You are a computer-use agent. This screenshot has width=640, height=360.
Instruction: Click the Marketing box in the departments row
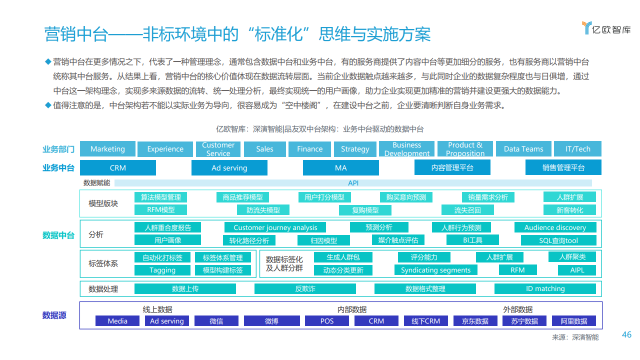pos(107,149)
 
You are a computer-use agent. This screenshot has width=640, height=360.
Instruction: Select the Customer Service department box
pos(218,149)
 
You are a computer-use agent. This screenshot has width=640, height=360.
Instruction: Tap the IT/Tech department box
pos(577,149)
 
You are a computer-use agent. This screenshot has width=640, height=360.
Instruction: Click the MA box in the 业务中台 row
pos(341,167)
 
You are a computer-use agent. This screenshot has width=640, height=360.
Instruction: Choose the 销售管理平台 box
pos(563,167)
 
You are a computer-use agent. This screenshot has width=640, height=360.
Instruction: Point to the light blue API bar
pos(353,183)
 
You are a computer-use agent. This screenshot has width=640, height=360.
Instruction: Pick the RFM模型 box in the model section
pos(160,209)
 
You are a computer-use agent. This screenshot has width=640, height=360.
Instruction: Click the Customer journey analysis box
pos(275,227)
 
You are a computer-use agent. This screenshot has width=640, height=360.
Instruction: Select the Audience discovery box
pos(555,227)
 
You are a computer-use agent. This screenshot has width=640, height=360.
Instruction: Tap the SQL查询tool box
pos(558,240)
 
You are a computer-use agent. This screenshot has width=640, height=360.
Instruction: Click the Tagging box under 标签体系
pos(162,270)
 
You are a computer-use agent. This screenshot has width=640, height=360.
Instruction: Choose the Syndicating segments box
pos(435,270)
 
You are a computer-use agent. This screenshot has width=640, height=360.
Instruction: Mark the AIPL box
pos(577,270)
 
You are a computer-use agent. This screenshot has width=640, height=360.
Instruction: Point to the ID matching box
pos(545,288)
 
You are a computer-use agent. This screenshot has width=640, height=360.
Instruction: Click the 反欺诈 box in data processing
pos(305,288)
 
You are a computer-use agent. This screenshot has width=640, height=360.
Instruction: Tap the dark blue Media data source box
pos(117,321)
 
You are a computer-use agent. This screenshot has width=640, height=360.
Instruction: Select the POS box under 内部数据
pos(327,321)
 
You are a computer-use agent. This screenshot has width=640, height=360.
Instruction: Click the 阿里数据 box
pos(573,321)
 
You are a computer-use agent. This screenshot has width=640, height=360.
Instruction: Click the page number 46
pos(626,334)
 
